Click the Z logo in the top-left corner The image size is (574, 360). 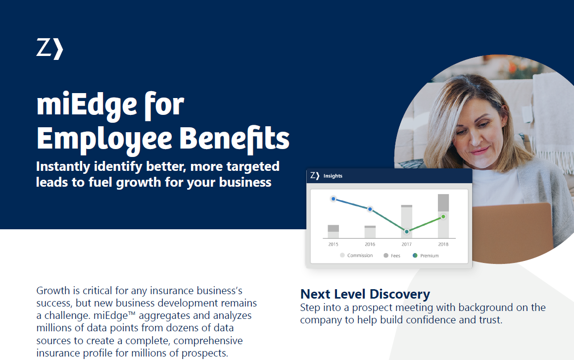[x=50, y=49]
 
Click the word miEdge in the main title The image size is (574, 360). [x=87, y=105]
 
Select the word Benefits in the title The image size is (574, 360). [x=234, y=139]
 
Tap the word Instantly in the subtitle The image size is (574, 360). [x=63, y=167]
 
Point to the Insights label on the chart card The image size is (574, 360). [x=333, y=176]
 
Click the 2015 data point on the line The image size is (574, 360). [x=333, y=199]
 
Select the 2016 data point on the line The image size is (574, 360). [x=370, y=209]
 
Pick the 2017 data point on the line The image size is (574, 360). [x=407, y=231]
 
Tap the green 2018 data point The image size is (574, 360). [x=443, y=216]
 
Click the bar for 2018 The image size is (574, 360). [x=443, y=216]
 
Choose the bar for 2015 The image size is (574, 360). [x=333, y=231]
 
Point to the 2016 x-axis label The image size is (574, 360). [x=370, y=244]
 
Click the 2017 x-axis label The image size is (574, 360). [x=407, y=244]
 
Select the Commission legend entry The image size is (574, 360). [x=356, y=255]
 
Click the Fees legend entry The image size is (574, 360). [x=392, y=256]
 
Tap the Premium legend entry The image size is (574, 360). [x=426, y=256]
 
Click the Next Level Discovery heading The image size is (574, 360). [x=365, y=294]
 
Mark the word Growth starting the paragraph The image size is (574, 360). [x=53, y=290]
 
